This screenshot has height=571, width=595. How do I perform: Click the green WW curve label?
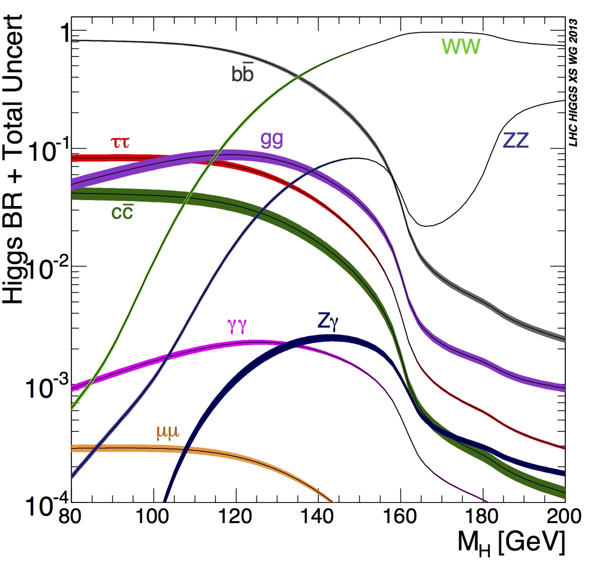[x=461, y=47]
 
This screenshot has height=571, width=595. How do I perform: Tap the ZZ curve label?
[x=516, y=140]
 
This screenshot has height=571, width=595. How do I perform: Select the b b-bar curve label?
[x=242, y=74]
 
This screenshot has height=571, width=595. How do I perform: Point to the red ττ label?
[x=120, y=143]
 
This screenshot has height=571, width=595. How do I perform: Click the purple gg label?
[x=272, y=139]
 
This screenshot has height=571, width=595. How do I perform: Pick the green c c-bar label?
[x=122, y=212]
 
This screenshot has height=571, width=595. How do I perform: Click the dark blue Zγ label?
[x=328, y=321]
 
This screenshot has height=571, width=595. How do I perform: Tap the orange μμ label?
[x=168, y=432]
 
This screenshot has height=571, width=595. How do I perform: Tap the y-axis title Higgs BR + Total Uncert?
[x=14, y=159]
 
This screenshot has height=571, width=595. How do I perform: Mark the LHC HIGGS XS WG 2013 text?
[x=573, y=83]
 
